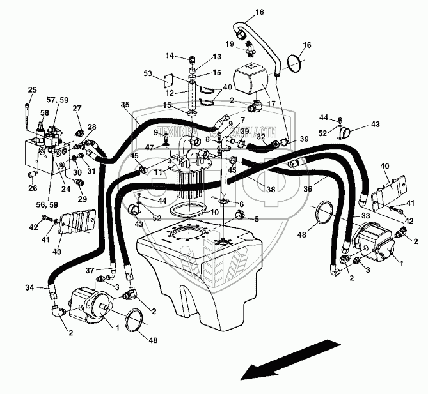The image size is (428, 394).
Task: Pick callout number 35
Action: [x=125, y=104]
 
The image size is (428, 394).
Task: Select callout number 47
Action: [x=148, y=148]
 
